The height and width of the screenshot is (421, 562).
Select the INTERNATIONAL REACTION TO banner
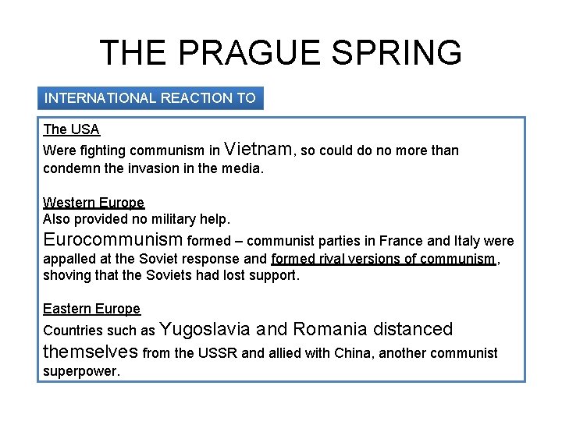click(x=150, y=98)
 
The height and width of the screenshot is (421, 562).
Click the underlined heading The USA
click(x=72, y=129)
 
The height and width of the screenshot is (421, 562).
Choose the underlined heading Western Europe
click(x=94, y=203)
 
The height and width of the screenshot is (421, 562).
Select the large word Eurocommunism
click(x=113, y=239)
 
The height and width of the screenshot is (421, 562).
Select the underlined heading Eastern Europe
click(x=92, y=309)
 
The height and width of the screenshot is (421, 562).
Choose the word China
click(x=354, y=353)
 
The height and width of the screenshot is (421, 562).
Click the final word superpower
click(x=81, y=371)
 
